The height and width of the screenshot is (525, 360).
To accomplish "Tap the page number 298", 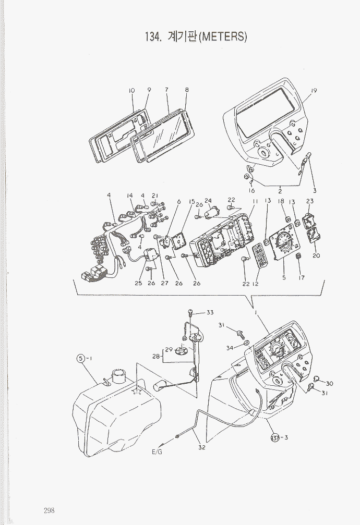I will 49,510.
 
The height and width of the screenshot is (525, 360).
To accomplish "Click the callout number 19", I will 314,91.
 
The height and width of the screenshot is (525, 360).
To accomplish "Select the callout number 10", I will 132,91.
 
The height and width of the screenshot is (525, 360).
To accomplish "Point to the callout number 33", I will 210,312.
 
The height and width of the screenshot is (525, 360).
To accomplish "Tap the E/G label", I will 157,452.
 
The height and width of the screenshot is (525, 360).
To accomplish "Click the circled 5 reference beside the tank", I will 81,358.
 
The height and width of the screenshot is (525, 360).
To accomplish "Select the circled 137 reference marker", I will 275,437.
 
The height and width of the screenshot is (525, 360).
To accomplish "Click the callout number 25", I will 138,284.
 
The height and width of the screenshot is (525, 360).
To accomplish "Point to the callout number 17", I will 302,277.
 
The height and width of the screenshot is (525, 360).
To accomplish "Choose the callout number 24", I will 208,201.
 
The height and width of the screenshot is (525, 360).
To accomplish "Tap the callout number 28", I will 155,356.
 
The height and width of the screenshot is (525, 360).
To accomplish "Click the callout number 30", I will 330,383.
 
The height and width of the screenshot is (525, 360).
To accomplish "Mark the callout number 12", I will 256,284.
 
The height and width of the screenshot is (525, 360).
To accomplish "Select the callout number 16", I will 251,191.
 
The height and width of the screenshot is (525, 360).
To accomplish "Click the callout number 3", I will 315,190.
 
